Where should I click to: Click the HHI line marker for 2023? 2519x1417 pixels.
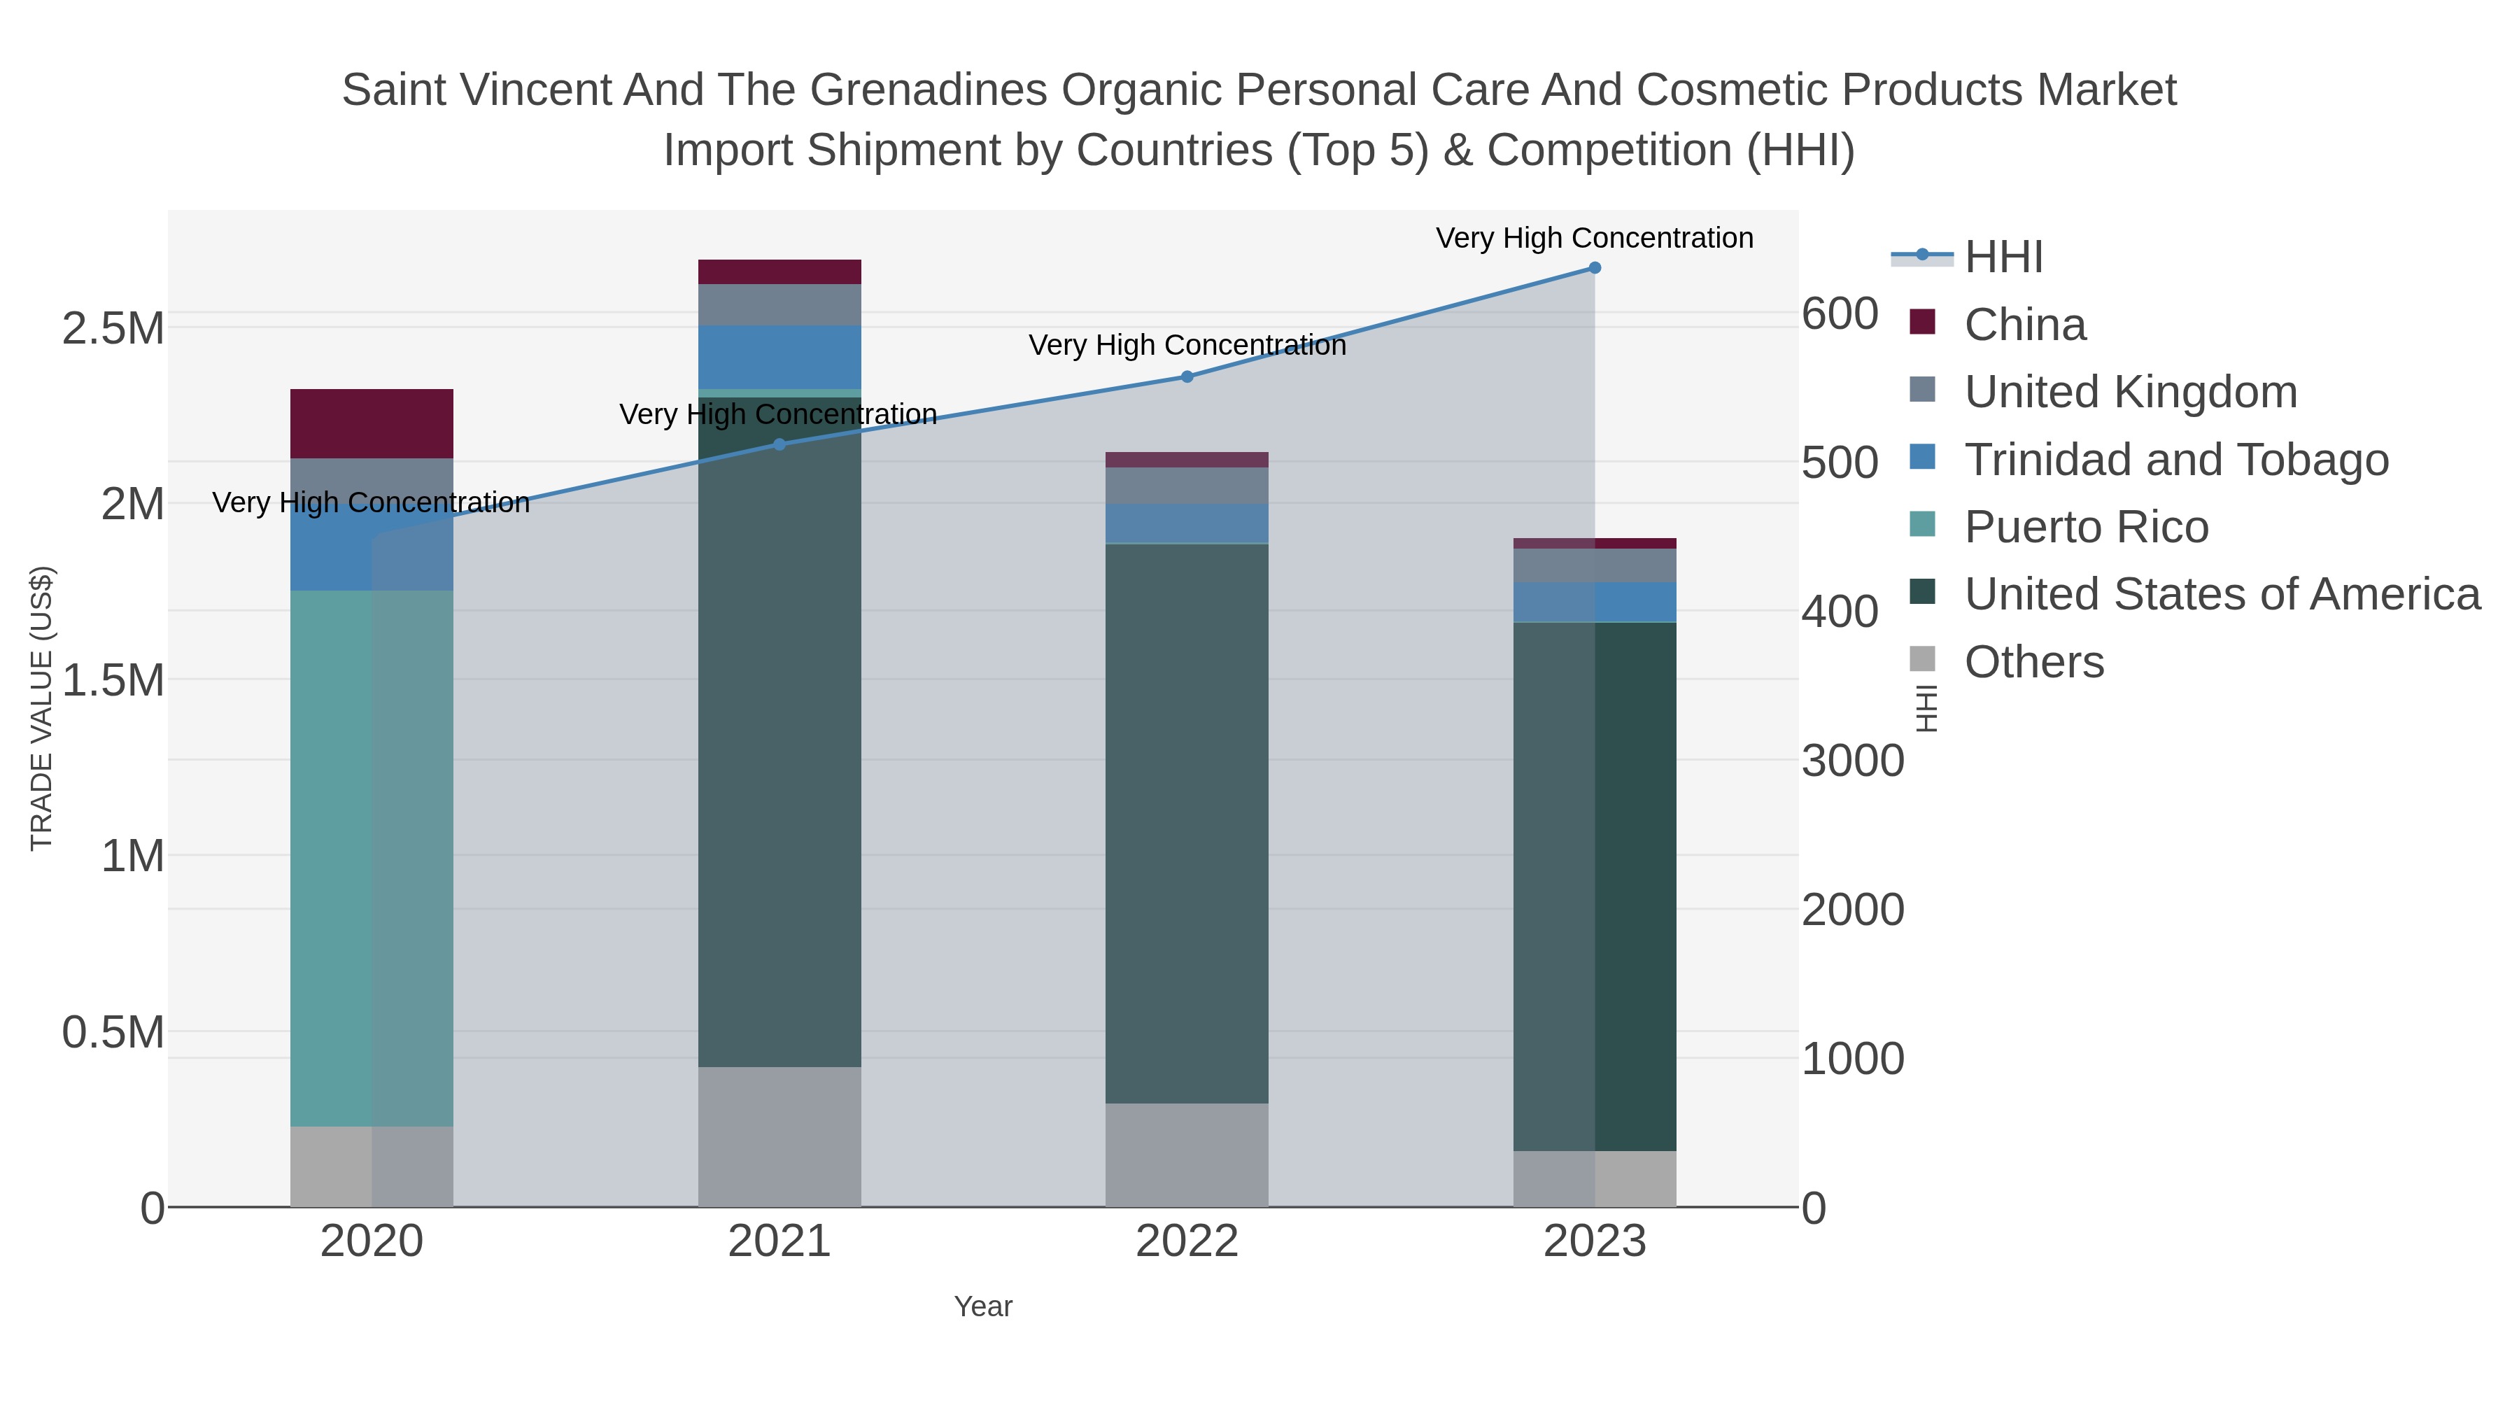tap(1594, 268)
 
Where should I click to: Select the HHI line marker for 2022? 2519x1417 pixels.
tap(1187, 376)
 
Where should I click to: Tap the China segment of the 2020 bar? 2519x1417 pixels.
tap(372, 423)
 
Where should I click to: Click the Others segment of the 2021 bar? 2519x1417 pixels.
tap(779, 1136)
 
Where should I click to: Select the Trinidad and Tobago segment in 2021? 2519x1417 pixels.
tap(779, 357)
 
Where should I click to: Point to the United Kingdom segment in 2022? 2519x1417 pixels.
tap(1187, 485)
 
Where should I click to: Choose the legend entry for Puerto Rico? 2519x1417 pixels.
tap(2086, 527)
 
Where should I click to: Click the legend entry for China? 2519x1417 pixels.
tap(2024, 325)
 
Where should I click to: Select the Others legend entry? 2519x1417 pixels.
tap(2033, 662)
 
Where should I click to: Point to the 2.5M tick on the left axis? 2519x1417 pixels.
tap(113, 330)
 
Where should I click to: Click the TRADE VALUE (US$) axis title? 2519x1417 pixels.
tap(41, 708)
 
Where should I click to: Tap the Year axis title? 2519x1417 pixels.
tap(983, 1306)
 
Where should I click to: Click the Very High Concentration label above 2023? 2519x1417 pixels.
tap(1594, 238)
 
